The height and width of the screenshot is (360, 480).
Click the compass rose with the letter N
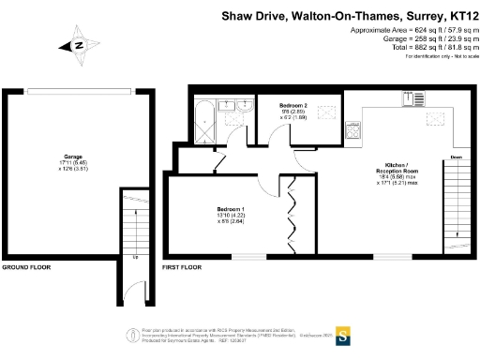(x=80, y=44)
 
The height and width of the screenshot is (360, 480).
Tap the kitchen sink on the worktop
(x=410, y=98)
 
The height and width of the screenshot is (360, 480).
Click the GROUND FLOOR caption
(x=27, y=268)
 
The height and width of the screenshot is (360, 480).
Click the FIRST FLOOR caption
(x=182, y=268)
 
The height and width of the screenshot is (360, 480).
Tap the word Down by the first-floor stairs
(x=457, y=157)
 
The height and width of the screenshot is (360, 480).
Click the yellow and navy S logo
(x=344, y=334)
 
